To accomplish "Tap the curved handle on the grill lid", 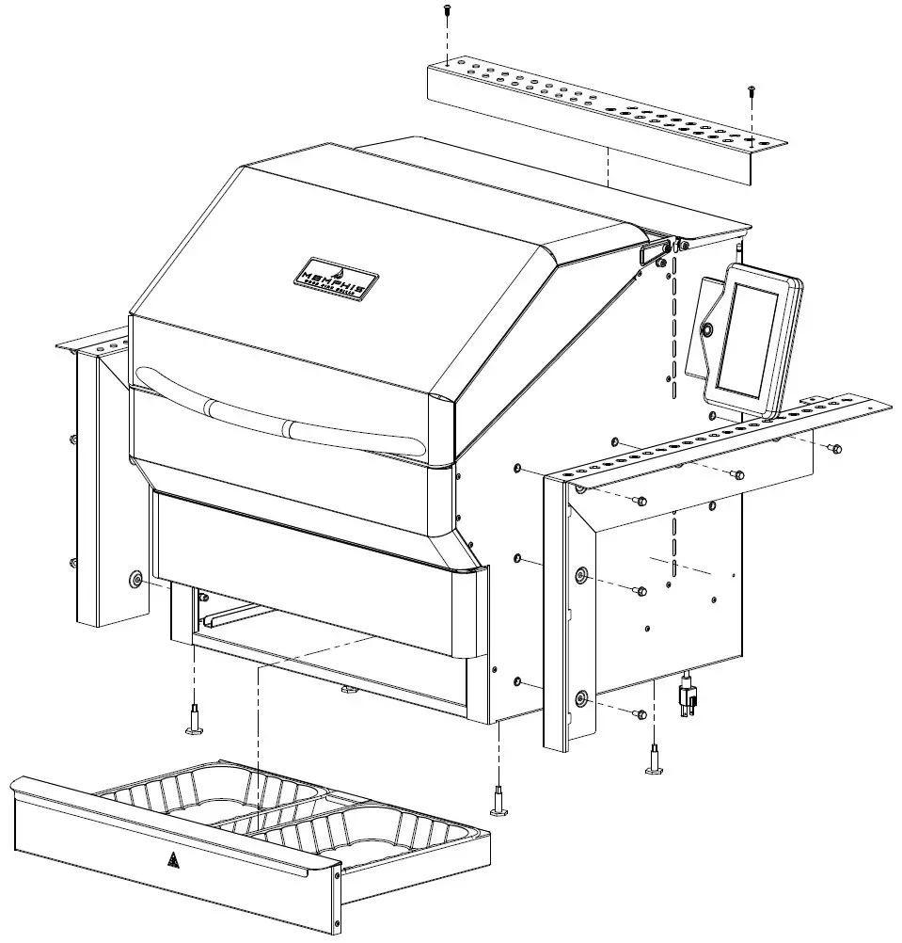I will pyautogui.click(x=282, y=420).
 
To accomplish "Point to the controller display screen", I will pyautogui.click(x=748, y=341).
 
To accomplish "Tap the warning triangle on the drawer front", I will pyautogui.click(x=173, y=859).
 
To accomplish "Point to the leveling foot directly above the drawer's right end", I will pyautogui.click(x=498, y=802).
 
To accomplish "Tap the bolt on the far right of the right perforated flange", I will pyautogui.click(x=834, y=448).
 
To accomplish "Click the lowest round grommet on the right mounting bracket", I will pyautogui.click(x=579, y=698).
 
